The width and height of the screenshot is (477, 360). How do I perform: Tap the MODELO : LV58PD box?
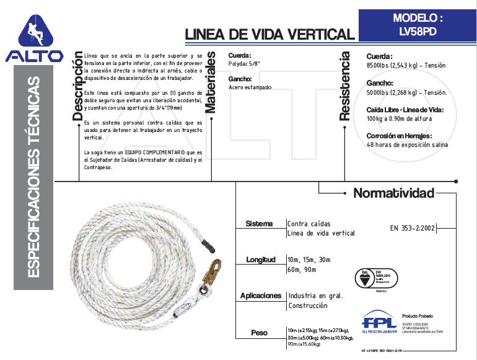[x=418, y=25]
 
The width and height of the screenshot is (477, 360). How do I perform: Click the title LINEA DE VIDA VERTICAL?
[x=269, y=34]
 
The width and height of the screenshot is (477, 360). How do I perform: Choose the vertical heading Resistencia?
[x=345, y=86]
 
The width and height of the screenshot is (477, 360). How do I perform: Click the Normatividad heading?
[x=393, y=193]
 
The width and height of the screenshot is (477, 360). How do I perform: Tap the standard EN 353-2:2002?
[x=413, y=227]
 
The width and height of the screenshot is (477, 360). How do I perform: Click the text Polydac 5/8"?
[x=244, y=64]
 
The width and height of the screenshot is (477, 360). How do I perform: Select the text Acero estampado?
[x=250, y=88]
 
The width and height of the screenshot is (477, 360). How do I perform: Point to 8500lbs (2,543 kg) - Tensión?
[x=406, y=65]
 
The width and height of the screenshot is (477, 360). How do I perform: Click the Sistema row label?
[x=259, y=223]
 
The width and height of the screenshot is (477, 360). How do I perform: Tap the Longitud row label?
[x=260, y=260]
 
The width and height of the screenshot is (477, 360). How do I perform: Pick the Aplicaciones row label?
[x=261, y=296]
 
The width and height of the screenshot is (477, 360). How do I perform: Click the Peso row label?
[x=260, y=333]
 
